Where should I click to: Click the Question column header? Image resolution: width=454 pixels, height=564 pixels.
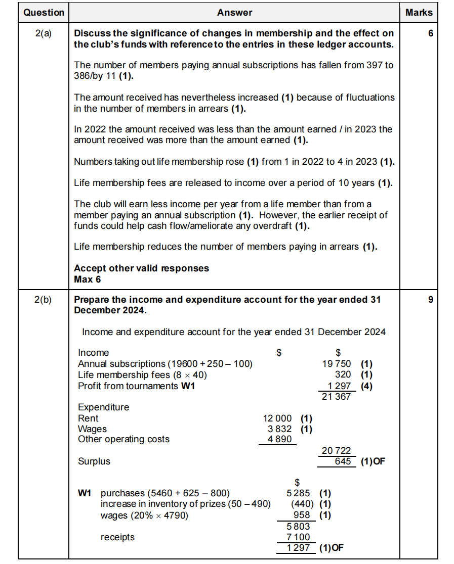(x=44, y=13)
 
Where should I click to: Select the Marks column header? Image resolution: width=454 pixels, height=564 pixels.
(x=419, y=13)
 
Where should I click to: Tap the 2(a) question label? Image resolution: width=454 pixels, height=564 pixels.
(x=44, y=34)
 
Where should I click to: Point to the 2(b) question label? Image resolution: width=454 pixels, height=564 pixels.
(x=44, y=300)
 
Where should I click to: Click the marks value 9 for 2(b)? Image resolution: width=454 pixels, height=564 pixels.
(x=430, y=300)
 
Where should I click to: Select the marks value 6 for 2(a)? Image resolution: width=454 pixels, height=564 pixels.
(x=430, y=34)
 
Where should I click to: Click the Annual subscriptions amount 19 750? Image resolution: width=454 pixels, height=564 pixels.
(x=337, y=364)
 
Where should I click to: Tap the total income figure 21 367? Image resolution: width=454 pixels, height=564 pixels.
(x=337, y=397)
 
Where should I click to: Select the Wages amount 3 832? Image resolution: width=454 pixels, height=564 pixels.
(x=279, y=429)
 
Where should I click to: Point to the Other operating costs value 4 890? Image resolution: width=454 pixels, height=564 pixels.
(x=279, y=439)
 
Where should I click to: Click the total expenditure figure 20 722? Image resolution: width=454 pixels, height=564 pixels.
(x=337, y=451)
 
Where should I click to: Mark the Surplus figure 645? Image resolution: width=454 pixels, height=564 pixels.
(x=343, y=461)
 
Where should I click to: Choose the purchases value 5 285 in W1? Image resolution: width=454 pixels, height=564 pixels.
(x=298, y=493)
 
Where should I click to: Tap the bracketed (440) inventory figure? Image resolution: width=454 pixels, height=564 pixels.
(x=302, y=504)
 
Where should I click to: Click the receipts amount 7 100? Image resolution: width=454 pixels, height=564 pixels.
(x=298, y=537)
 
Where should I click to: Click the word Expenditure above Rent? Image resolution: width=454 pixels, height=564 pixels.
(x=103, y=407)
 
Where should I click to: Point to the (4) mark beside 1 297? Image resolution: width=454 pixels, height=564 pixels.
(x=366, y=386)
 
